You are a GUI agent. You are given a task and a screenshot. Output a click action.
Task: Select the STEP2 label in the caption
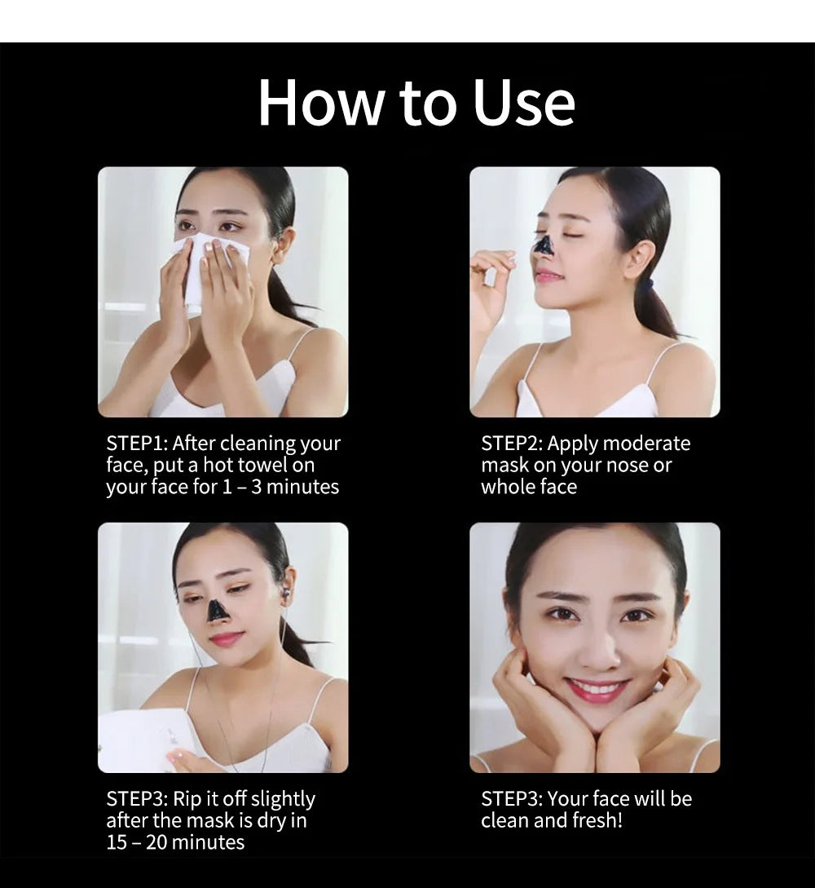pyautogui.click(x=511, y=444)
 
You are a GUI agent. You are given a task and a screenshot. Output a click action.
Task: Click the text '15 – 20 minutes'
pyautogui.click(x=175, y=842)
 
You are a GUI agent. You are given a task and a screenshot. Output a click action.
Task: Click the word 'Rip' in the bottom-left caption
pyautogui.click(x=188, y=799)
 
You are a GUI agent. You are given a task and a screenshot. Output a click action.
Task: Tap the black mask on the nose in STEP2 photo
pyautogui.click(x=544, y=244)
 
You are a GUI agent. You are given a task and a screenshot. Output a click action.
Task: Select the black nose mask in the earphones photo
pyautogui.click(x=217, y=609)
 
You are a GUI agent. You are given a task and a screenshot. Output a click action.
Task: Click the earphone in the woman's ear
pyautogui.click(x=285, y=594)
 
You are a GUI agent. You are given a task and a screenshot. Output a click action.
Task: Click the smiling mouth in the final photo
pyautogui.click(x=596, y=689)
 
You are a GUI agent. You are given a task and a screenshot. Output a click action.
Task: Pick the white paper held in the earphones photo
pyautogui.click(x=147, y=738)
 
